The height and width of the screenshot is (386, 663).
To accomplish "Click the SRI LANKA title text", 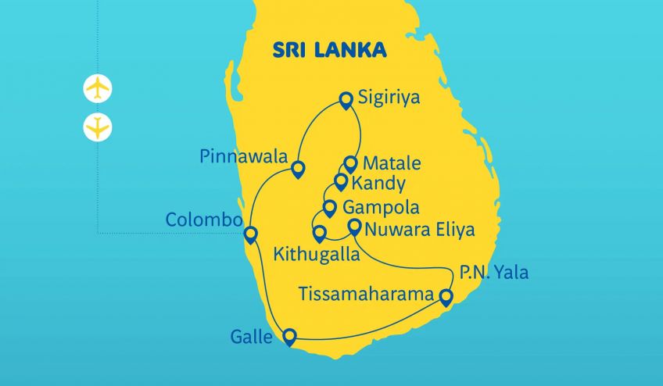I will click(x=329, y=50).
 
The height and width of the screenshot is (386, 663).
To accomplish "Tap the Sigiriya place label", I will click(x=389, y=98).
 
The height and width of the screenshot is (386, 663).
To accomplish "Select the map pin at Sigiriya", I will click(x=346, y=99).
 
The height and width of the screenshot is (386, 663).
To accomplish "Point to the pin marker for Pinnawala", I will click(x=297, y=168).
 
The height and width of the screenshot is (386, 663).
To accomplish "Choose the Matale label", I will click(x=390, y=164).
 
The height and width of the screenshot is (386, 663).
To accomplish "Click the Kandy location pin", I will click(x=340, y=181).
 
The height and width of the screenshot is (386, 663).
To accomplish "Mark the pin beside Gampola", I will click(x=329, y=208).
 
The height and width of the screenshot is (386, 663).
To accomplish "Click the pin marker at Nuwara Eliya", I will click(x=353, y=227).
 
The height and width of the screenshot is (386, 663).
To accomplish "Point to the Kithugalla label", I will click(x=317, y=255).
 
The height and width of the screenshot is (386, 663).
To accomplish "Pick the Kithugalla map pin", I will click(x=319, y=233).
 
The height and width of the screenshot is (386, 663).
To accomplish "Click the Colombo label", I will click(x=203, y=220).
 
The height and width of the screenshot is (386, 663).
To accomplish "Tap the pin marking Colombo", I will click(x=250, y=234).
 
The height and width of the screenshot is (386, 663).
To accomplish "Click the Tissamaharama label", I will click(x=366, y=295).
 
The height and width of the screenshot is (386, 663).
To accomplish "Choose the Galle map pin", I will click(x=289, y=336).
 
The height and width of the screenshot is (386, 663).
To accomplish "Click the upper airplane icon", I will click(x=98, y=88).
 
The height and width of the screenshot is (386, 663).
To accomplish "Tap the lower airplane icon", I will click(x=98, y=126).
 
